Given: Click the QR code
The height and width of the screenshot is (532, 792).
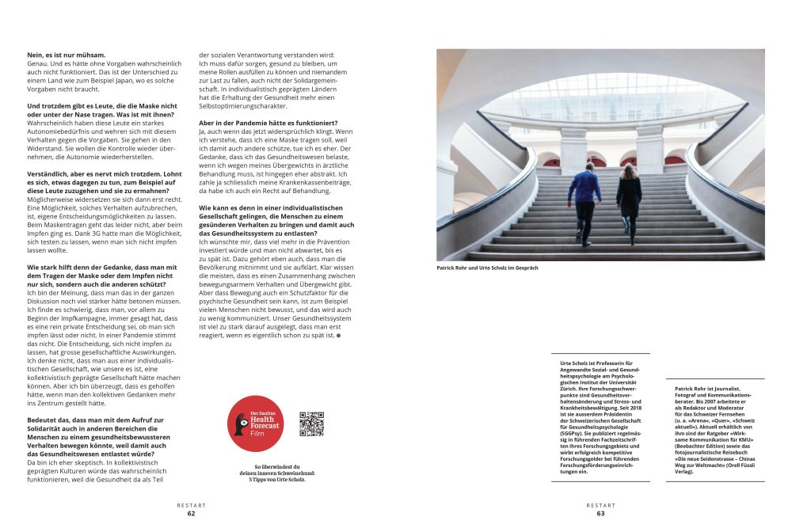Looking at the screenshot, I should [312, 424].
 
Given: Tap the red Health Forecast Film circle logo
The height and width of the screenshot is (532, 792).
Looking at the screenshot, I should [255, 424].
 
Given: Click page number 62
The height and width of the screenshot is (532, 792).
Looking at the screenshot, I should [191, 513].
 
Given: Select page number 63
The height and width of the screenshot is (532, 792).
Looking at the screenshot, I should [600, 513].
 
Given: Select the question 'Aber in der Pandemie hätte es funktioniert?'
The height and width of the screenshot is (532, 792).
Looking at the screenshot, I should [268, 123].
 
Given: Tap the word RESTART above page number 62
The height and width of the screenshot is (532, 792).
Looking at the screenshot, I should [191, 504].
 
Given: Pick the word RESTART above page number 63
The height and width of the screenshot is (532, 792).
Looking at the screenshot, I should [600, 504].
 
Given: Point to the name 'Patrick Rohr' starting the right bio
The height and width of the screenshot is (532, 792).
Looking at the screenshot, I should [691, 389].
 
